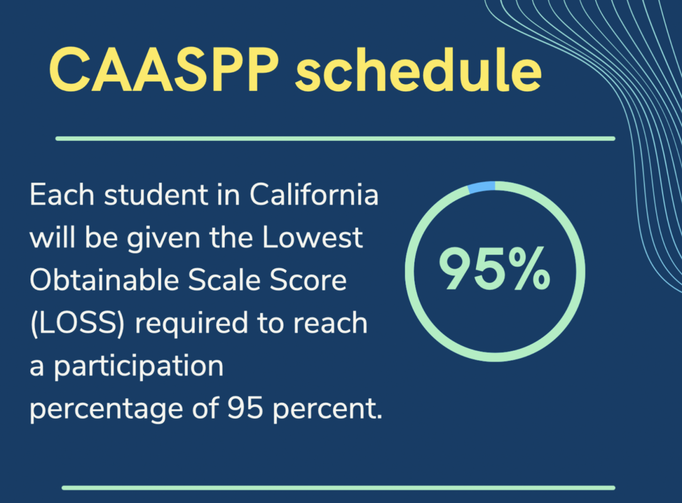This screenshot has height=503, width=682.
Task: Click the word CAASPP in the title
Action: click(x=164, y=70)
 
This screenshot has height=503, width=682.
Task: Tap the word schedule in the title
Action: click(x=418, y=70)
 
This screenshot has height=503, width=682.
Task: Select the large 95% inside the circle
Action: click(x=494, y=268)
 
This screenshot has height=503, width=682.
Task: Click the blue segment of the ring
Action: click(x=482, y=187)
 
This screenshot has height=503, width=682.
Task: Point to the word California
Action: click(x=314, y=194)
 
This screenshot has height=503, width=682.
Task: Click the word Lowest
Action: click(x=313, y=237)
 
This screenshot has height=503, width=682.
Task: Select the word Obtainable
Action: click(x=105, y=280)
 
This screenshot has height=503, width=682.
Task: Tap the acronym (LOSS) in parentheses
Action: click(x=78, y=324)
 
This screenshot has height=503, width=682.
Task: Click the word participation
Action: click(x=139, y=368)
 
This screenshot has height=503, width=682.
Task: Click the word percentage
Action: click(x=106, y=411)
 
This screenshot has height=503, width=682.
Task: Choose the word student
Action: click(x=156, y=194)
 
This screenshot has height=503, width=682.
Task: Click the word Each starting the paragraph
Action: click(x=62, y=194)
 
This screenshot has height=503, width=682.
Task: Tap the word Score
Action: click(x=308, y=280)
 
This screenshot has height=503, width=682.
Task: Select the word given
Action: click(x=164, y=239)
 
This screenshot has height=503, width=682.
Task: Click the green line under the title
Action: click(x=335, y=139)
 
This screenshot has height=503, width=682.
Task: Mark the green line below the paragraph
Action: click(x=338, y=488)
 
